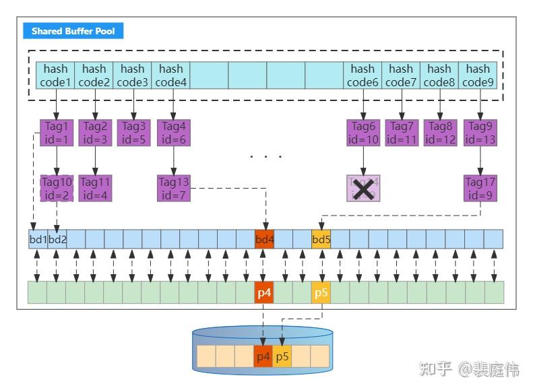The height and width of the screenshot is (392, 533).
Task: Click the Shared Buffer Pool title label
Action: point(73,32)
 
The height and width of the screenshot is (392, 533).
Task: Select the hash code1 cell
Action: point(56,75)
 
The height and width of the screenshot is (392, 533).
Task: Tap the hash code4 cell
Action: point(171,75)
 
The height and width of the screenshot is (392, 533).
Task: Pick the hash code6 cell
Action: point(363,75)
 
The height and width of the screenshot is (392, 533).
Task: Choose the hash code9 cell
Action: point(478,75)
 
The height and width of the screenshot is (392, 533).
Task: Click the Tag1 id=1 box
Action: point(57,133)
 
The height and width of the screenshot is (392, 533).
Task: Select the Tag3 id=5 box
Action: point(133,133)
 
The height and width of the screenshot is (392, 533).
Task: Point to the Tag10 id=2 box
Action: point(57,188)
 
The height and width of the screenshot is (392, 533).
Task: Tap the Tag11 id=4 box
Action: point(95,188)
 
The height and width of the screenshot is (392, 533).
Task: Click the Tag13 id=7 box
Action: point(173,188)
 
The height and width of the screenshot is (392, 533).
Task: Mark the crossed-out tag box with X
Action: point(364,189)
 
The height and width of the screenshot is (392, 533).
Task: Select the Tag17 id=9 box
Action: point(480,188)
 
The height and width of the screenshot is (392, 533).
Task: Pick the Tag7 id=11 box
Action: point(402,133)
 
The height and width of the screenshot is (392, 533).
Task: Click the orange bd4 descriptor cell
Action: point(264,239)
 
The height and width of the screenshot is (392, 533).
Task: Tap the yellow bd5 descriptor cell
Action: point(321,239)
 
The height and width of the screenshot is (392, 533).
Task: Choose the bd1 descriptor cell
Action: point(38,239)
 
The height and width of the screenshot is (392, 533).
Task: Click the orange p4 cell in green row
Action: point(264,293)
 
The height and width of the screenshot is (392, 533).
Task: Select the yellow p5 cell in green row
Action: point(321,293)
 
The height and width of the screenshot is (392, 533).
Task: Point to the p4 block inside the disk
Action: point(263,356)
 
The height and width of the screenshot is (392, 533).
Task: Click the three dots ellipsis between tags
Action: point(266,157)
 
